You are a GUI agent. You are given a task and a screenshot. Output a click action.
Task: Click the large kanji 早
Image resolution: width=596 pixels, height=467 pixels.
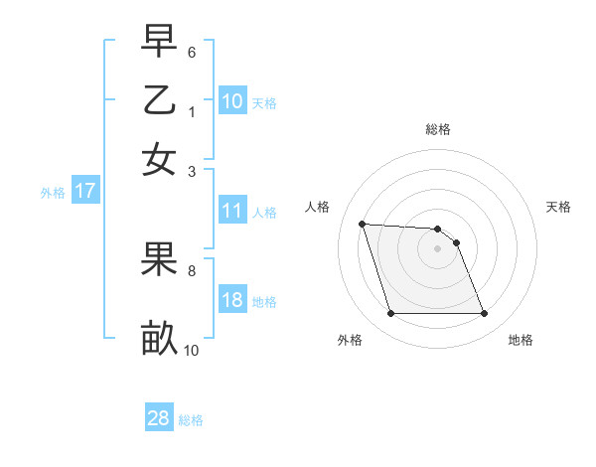[x=160, y=43]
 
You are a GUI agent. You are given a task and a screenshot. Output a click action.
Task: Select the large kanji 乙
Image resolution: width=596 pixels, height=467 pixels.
[x=160, y=100]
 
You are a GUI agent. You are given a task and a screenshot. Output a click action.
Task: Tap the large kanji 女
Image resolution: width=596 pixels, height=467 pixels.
[x=160, y=158]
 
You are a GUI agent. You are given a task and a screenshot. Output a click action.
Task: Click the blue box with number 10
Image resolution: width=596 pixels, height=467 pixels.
[x=231, y=100]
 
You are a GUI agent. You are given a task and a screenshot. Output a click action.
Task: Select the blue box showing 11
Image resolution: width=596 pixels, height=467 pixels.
[x=231, y=211]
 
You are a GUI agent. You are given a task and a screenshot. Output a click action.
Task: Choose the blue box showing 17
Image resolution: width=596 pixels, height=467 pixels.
[x=85, y=191]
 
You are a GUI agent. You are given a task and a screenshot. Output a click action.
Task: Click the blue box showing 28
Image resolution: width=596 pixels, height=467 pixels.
[x=158, y=418]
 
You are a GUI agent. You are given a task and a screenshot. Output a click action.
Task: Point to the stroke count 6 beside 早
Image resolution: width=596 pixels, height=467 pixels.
[x=192, y=51]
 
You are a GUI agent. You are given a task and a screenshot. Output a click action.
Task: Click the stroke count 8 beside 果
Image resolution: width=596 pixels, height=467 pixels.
[x=192, y=268]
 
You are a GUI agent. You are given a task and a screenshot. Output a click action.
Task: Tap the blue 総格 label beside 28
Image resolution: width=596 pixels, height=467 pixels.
[x=191, y=420]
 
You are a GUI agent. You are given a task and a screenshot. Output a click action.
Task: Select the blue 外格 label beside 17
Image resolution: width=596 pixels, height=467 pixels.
[x=52, y=193]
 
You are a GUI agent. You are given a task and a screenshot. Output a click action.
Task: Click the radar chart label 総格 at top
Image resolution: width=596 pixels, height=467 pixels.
[x=437, y=129]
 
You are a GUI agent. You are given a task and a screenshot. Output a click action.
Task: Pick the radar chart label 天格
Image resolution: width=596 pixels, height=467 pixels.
[x=558, y=207]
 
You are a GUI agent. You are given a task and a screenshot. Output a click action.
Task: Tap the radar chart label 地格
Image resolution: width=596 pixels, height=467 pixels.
[x=521, y=340]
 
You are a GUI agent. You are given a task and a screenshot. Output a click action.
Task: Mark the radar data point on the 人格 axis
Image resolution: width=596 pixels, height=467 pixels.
[x=363, y=224]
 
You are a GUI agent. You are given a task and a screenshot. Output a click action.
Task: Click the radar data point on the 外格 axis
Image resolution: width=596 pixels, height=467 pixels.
[x=390, y=314]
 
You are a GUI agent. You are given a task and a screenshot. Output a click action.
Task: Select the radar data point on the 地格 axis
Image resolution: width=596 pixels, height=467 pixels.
[x=484, y=314]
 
